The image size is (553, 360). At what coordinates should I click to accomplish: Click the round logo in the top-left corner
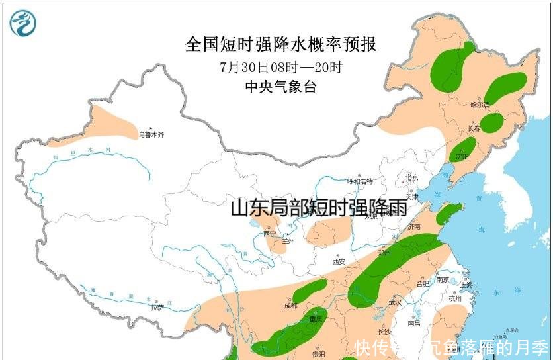coord(23,23)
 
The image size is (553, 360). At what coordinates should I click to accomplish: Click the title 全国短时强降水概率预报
coord(281,44)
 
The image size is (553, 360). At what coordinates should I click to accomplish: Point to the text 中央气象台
coord(280,87)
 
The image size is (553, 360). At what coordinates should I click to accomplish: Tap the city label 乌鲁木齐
coord(151,134)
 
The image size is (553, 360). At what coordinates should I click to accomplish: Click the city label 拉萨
coord(157,307)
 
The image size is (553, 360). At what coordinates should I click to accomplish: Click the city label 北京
coord(411,177)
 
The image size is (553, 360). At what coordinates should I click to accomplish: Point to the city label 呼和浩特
coord(361,181)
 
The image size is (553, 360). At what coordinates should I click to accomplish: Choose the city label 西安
coord(339,262)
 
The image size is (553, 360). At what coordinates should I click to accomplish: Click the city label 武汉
coord(396,302)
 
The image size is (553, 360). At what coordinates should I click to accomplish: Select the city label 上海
coord(468,285)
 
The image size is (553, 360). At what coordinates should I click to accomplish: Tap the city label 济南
coord(414,227)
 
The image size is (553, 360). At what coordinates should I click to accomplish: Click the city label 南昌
coord(413,324)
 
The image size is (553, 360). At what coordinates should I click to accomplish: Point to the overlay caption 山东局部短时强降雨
coord(318,208)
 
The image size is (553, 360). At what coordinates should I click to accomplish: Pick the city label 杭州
coord(455,299)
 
